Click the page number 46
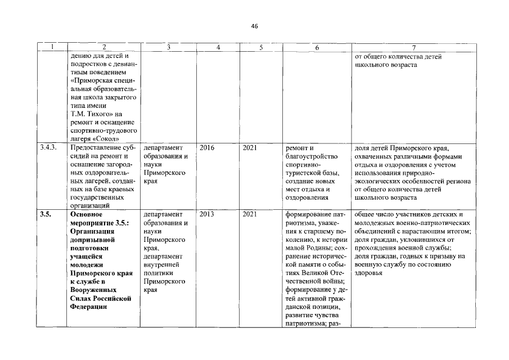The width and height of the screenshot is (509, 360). (x=254, y=26)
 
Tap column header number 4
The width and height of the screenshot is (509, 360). (x=218, y=48)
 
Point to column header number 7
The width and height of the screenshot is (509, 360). (x=413, y=48)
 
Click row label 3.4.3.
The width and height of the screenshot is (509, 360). (x=49, y=147)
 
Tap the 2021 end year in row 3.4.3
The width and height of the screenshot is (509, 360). (x=250, y=147)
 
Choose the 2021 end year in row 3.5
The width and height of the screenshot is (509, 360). (x=250, y=214)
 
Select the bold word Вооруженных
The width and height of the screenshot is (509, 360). (x=95, y=290)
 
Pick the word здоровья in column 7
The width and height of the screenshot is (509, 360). (x=368, y=273)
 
